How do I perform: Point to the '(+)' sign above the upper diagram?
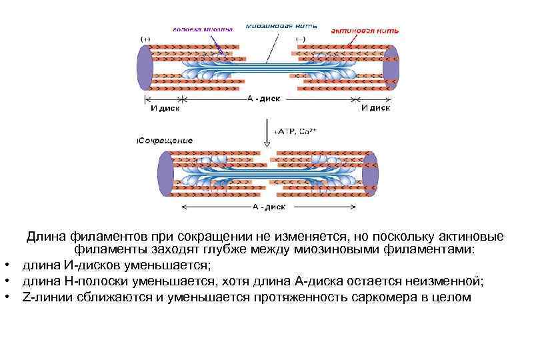146,39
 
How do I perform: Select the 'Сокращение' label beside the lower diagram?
165,141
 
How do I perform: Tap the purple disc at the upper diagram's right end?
391,67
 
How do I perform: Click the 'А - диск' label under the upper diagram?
264,98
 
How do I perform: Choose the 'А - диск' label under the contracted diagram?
269,207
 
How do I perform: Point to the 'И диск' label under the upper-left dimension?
163,107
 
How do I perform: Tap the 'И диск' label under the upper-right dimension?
375,107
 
